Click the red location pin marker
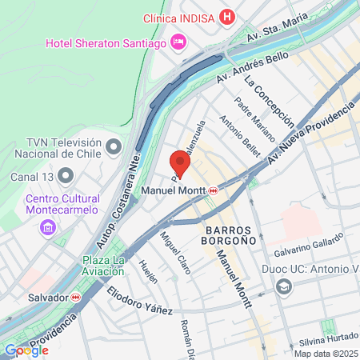pyautogui.click(x=180, y=163)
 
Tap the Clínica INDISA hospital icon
pyautogui.click(x=228, y=17)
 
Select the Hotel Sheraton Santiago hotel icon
pyautogui.click(x=178, y=41)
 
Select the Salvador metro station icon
pyautogui.click(x=75, y=297)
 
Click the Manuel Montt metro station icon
pyautogui.click(x=214, y=190)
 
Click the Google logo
pyautogui.click(x=26, y=350)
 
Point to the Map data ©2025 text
pyautogui.click(x=326, y=354)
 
